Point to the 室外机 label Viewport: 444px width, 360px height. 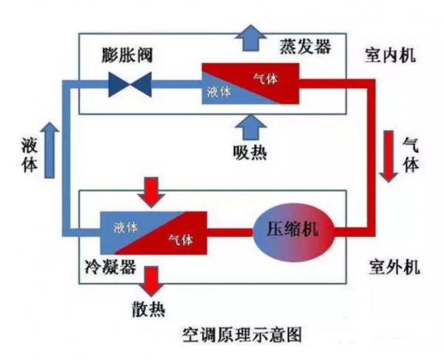click(391, 264)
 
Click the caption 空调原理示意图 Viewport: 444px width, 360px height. click(241, 335)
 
